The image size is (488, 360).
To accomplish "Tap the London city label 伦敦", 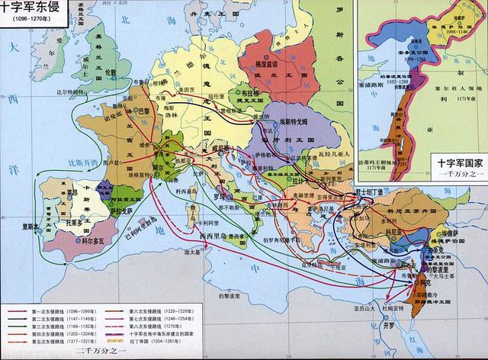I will tap(111, 72).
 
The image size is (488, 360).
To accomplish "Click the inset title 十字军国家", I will tap(455, 163).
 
